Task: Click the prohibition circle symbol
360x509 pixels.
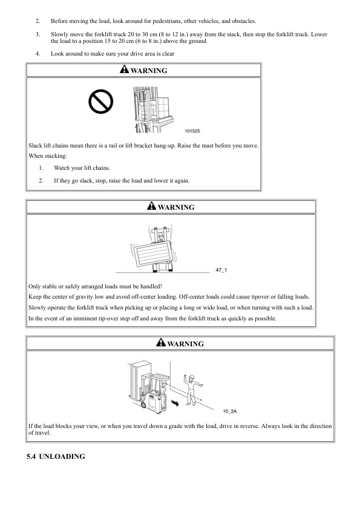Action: point(100,102)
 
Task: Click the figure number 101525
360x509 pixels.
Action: point(192,131)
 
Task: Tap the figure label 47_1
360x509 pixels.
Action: point(221,270)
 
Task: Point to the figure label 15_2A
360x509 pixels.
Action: point(230,411)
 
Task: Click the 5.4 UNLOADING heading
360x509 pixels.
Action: point(56,456)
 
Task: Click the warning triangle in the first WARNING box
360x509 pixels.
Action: point(124,69)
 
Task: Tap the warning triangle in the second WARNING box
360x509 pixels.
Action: point(151,206)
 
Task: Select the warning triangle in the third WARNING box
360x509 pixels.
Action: point(161,343)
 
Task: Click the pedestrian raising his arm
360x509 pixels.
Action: point(192,390)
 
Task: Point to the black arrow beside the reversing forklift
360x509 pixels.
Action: point(175,403)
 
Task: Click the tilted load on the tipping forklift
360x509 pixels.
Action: point(153,254)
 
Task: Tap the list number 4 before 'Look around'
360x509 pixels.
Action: point(38,54)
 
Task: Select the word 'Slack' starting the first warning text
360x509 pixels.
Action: point(35,146)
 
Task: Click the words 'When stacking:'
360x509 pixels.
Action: point(48,156)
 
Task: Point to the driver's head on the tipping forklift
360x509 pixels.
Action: point(160,236)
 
